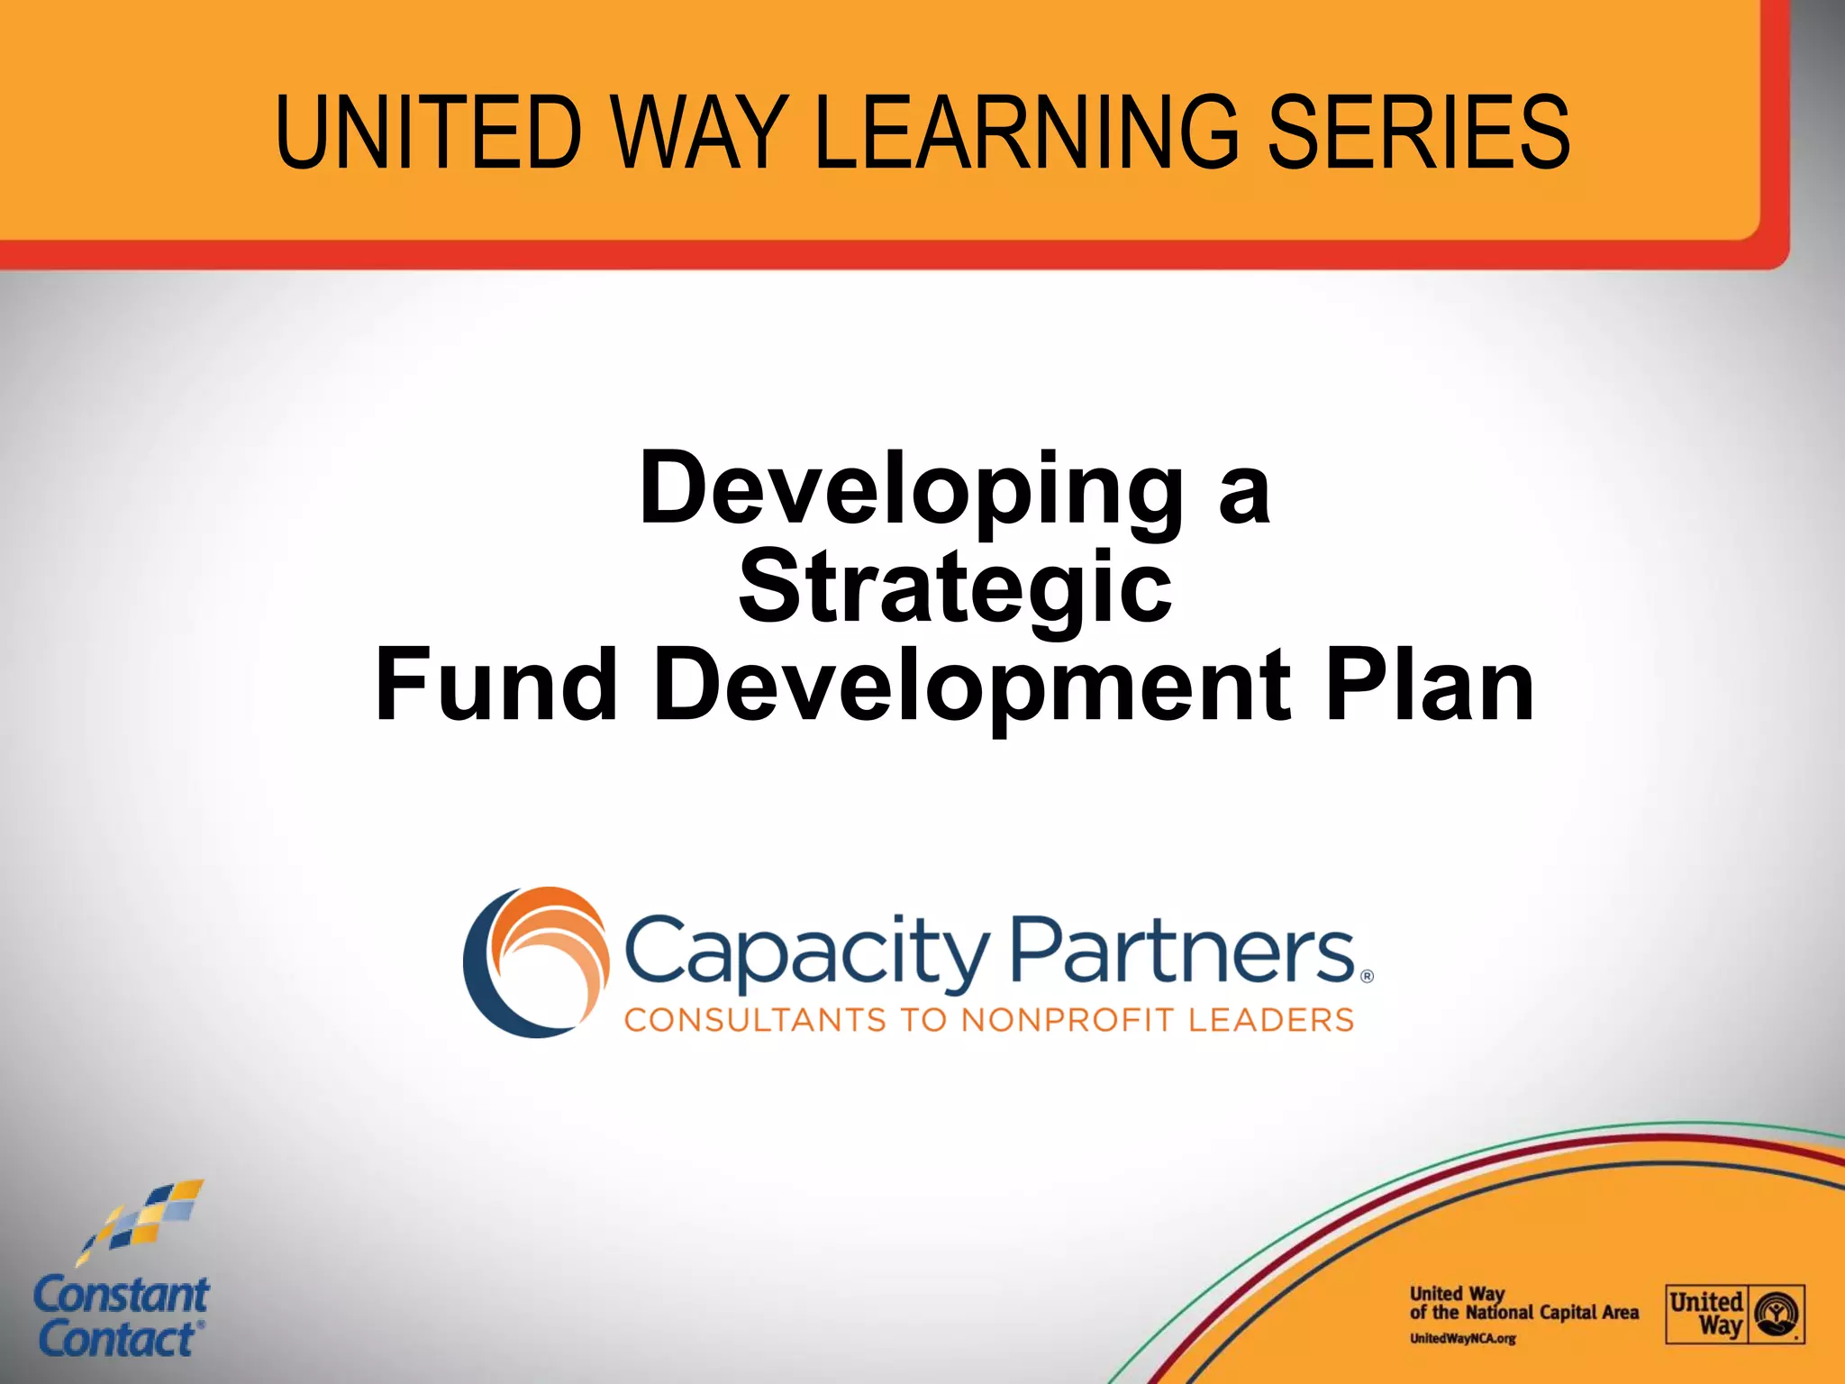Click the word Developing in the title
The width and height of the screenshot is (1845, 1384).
[x=911, y=491]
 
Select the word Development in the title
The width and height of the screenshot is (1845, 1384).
[x=973, y=687]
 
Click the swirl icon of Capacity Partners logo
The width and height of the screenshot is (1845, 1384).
[x=535, y=961]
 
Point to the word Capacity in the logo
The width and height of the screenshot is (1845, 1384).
[x=806, y=953]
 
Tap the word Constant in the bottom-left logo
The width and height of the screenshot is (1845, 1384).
[x=121, y=1296]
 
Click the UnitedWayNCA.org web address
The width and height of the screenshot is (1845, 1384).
[x=1462, y=1338]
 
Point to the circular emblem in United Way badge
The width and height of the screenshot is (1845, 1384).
[x=1777, y=1314]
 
